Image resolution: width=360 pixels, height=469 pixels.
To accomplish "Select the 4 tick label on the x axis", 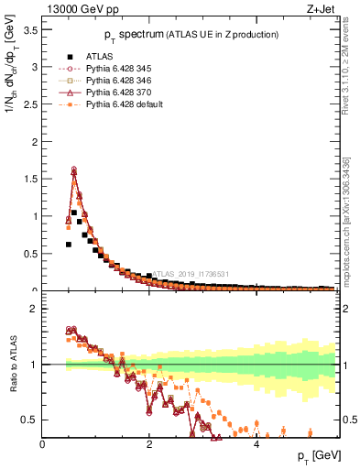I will (256, 444).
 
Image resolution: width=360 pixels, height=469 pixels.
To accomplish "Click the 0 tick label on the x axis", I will (43, 444).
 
